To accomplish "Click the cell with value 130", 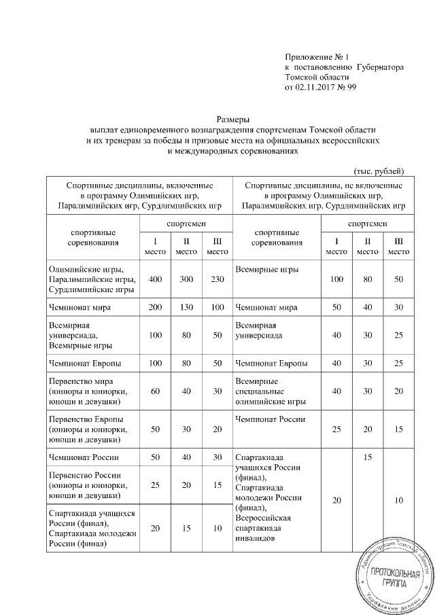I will [186, 308].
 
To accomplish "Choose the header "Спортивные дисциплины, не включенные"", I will [324, 185].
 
